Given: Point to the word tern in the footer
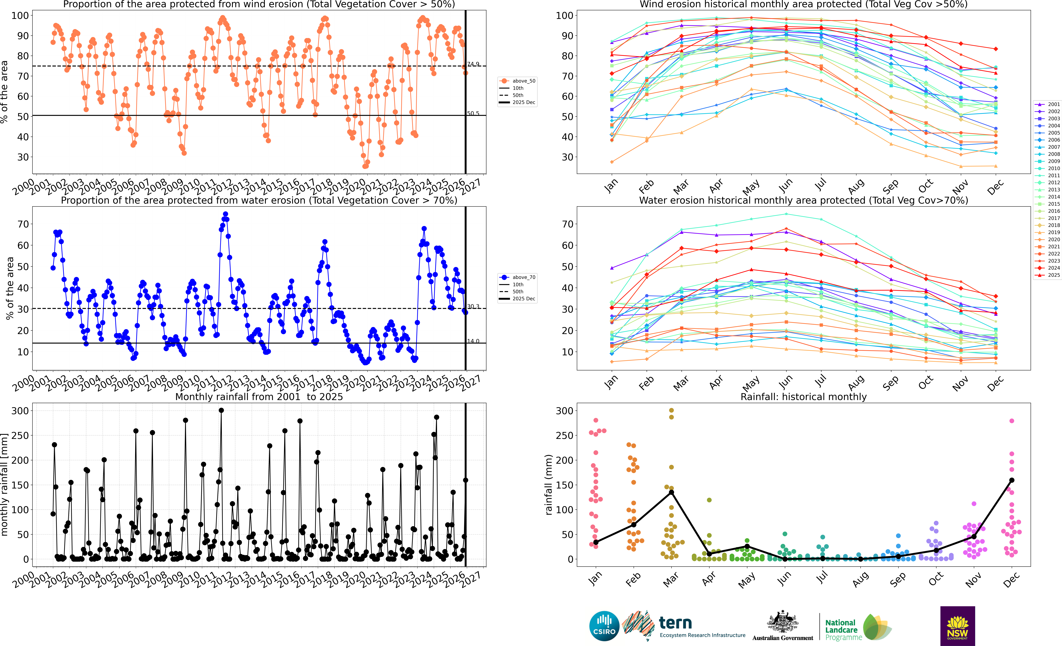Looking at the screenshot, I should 675,623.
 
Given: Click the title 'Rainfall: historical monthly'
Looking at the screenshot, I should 803,397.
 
